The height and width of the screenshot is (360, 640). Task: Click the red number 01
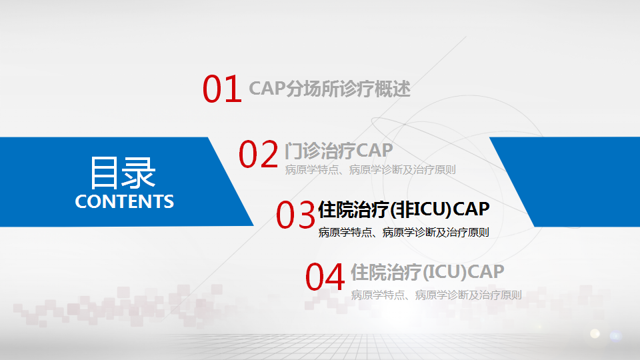point(222,89)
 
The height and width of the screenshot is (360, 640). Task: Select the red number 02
point(259,154)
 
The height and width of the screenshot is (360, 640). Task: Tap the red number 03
point(295,215)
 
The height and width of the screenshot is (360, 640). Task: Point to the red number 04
point(325,277)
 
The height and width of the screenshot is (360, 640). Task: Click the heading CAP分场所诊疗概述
point(330,89)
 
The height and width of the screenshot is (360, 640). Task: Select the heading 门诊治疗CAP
point(339,151)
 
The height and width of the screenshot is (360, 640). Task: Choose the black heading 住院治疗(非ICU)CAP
point(404,209)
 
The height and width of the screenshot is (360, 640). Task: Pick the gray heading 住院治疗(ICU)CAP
point(427,272)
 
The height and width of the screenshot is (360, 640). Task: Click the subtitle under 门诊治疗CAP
point(370,170)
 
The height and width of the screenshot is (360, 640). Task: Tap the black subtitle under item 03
point(404,232)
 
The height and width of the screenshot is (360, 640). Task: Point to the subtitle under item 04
point(436,295)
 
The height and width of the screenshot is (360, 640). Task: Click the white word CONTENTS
point(125,201)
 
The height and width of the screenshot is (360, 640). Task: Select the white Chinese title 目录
point(123,173)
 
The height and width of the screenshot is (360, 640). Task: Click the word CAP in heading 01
point(267,89)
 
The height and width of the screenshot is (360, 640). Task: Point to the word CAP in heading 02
point(375,151)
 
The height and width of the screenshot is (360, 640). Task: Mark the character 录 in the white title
point(139,173)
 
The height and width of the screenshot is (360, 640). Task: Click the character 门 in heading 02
point(294,151)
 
